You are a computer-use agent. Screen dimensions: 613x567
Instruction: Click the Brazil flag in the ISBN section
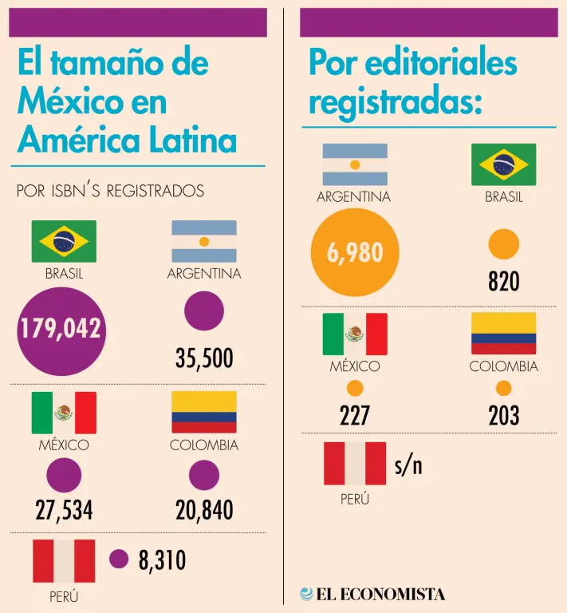click(64, 241)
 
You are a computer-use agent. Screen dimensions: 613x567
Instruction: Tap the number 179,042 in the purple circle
click(60, 329)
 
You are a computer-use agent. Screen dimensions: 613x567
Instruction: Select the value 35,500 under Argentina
click(204, 358)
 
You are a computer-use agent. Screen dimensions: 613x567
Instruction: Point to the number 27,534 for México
click(64, 511)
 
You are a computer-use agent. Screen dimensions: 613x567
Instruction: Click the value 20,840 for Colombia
click(204, 511)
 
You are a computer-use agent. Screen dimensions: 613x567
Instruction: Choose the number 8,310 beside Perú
click(162, 560)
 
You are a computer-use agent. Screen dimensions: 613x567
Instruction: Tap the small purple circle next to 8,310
click(119, 560)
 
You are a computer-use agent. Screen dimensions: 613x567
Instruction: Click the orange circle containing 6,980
click(355, 253)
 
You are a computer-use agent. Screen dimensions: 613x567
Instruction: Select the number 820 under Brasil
click(503, 282)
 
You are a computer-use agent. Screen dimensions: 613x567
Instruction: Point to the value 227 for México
click(355, 415)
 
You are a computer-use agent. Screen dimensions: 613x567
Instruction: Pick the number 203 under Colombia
click(503, 415)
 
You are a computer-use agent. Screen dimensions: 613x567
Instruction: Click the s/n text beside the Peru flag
click(408, 466)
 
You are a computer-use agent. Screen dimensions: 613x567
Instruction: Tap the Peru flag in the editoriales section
click(355, 464)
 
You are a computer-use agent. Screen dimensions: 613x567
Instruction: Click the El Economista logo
click(372, 594)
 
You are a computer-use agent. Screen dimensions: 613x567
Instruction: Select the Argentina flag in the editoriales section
click(355, 164)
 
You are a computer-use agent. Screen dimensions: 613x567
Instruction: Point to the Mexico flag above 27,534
click(64, 412)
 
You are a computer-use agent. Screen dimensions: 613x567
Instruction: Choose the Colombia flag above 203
click(503, 334)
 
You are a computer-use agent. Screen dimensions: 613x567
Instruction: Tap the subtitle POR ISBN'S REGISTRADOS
click(110, 192)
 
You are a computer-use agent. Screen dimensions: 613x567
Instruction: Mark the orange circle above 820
click(503, 244)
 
